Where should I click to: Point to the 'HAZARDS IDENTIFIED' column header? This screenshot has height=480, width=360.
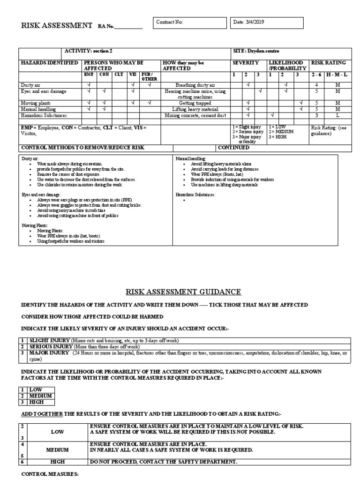[x=49, y=62]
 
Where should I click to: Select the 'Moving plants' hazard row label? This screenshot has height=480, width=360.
[x=36, y=103]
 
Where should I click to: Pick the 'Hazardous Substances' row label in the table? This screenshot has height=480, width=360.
[x=44, y=115]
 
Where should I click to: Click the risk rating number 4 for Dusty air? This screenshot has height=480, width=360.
[x=316, y=85]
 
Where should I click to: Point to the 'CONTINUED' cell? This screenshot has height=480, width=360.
[x=232, y=148]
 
